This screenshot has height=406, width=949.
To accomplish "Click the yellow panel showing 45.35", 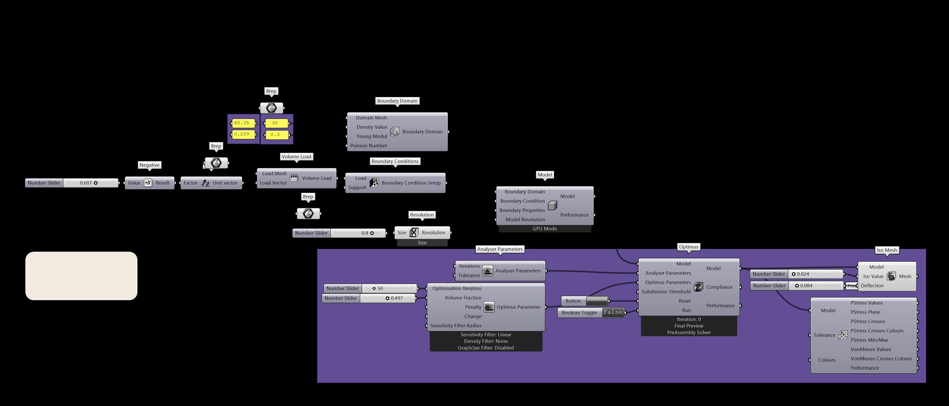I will (242, 123).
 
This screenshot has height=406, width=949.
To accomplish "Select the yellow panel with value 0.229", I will (242, 134).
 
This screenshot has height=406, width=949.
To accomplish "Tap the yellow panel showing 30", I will (275, 123).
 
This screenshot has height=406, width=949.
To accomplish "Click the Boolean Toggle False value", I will (613, 312).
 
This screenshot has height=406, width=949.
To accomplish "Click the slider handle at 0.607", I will (96, 183).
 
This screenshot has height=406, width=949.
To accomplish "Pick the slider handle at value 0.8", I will (372, 233).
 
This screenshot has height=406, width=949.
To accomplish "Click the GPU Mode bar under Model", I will (544, 229).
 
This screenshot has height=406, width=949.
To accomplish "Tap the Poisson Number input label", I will (368, 145).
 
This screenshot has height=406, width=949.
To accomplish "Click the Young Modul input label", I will (371, 136).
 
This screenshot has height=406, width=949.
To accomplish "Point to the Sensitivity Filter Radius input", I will (456, 326).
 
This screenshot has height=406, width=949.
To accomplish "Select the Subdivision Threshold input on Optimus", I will (666, 292).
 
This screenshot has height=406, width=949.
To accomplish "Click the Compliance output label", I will (719, 287).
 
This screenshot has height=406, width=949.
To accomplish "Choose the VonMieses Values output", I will (871, 349).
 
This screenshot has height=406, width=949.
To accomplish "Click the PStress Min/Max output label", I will (869, 340).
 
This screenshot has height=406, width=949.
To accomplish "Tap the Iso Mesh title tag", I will (887, 250).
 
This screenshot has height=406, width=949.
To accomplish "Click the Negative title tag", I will (149, 165).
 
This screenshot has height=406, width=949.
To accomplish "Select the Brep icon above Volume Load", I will (272, 108).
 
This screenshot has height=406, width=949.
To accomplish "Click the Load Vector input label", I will (273, 183).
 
